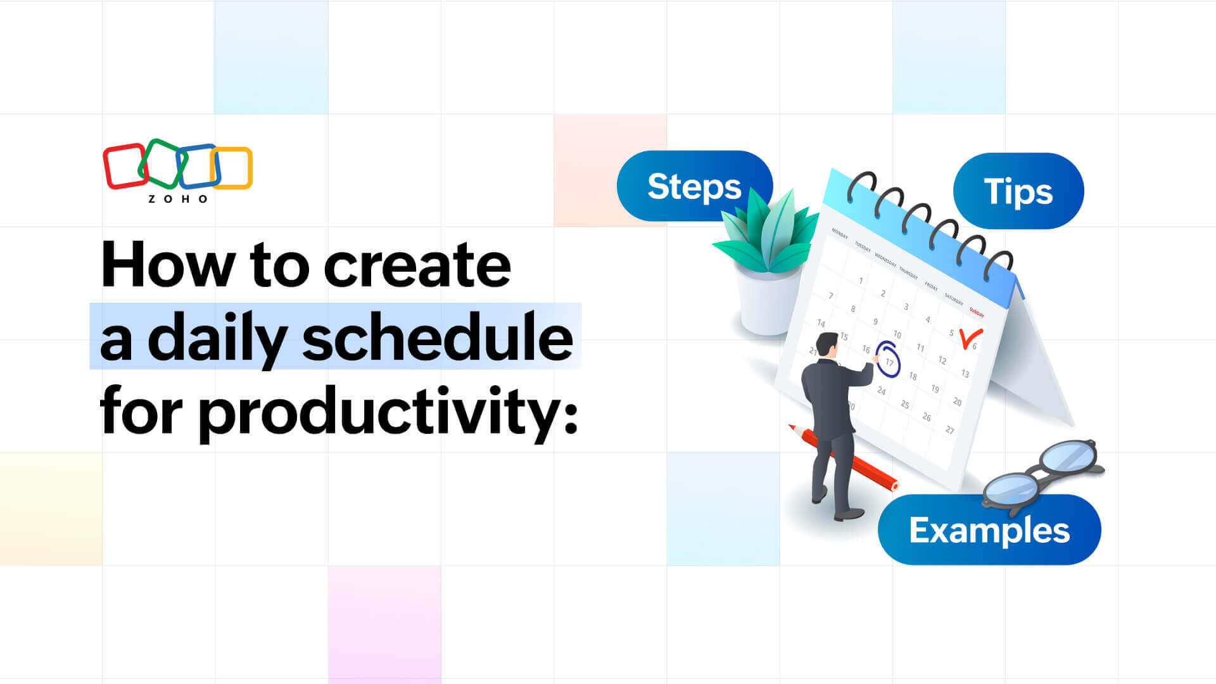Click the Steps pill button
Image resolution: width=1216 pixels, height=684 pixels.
click(x=694, y=186)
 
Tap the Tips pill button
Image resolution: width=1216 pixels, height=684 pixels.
click(x=1018, y=191)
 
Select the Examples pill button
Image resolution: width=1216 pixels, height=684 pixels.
click(x=989, y=530)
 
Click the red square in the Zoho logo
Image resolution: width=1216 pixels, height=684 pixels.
click(x=124, y=166)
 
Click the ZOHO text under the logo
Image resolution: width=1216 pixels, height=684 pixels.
click(x=178, y=199)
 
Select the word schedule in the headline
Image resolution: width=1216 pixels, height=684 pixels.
click(x=437, y=338)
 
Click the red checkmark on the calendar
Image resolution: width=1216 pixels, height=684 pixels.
click(x=969, y=338)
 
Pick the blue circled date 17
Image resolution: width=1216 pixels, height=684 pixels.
click(x=888, y=361)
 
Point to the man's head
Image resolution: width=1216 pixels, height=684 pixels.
click(x=826, y=344)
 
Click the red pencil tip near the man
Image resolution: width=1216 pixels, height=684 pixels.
click(x=792, y=427)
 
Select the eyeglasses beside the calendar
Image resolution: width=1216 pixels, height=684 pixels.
click(x=1042, y=472)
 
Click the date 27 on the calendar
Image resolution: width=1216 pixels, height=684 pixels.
click(x=949, y=430)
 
